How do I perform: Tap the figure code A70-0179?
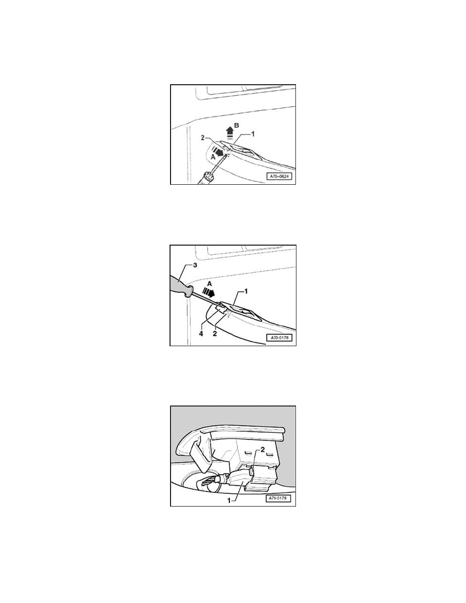(278, 498)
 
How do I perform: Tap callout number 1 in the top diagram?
(252, 135)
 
